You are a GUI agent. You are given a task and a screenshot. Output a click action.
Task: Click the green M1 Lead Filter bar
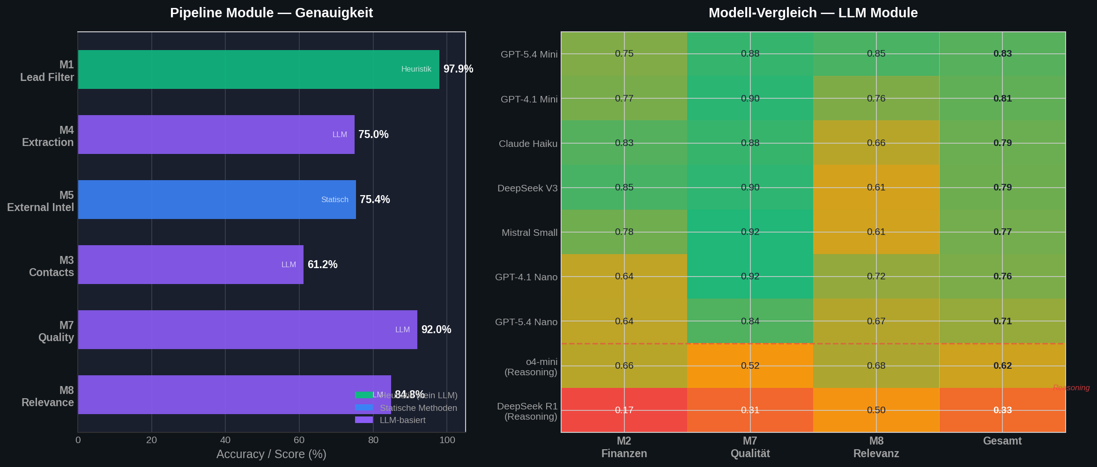click(x=258, y=69)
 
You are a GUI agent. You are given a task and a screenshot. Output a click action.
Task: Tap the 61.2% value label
click(x=322, y=264)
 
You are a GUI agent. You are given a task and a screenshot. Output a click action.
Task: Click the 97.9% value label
click(x=458, y=69)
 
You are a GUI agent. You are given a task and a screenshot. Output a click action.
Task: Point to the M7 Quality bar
click(x=247, y=329)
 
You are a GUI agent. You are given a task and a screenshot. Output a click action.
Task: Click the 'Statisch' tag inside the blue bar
click(x=334, y=200)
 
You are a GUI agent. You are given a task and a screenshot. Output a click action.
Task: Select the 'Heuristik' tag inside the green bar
click(x=416, y=69)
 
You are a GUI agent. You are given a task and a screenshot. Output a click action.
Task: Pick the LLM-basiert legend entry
click(x=402, y=420)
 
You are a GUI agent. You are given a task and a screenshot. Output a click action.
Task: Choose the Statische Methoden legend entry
click(x=418, y=408)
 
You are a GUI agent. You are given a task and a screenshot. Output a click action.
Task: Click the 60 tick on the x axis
click(x=299, y=440)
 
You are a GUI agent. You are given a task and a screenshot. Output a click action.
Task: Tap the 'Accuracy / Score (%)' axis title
click(x=271, y=454)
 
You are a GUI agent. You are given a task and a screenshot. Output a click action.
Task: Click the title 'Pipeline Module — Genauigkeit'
click(x=271, y=13)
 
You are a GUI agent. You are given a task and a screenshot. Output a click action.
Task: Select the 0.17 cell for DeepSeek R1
click(x=624, y=410)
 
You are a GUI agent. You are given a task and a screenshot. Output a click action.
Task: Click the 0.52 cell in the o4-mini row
click(x=750, y=365)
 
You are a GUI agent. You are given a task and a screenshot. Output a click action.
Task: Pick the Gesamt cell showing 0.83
click(x=1002, y=54)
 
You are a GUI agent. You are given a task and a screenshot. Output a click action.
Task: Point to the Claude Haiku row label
click(x=528, y=144)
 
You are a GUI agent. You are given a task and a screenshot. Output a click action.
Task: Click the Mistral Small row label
click(x=529, y=233)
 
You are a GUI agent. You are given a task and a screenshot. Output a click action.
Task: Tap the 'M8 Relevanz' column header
click(x=876, y=447)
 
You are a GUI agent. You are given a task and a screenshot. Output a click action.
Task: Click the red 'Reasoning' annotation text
click(x=1071, y=387)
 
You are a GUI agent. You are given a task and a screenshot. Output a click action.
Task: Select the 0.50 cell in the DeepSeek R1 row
click(x=876, y=410)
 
